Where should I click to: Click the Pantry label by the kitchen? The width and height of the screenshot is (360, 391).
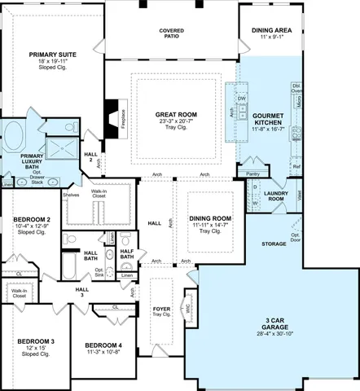tap(252, 174)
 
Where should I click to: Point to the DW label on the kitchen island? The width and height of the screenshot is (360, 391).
tap(242, 99)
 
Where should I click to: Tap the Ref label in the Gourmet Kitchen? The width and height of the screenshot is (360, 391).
tap(296, 167)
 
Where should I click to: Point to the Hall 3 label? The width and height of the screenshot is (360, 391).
tap(82, 292)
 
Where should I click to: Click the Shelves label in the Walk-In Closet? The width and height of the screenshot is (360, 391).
tap(70, 195)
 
